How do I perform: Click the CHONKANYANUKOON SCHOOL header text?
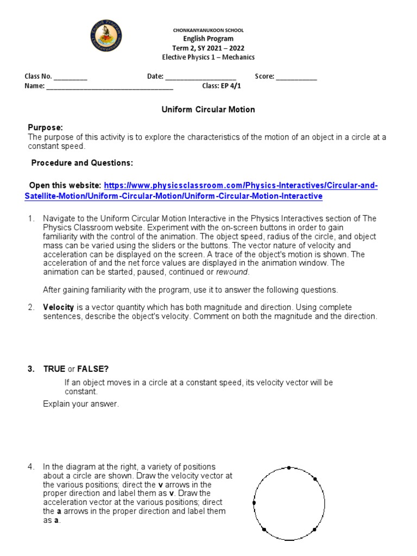point(208,30)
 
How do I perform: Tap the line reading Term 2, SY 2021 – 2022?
point(208,48)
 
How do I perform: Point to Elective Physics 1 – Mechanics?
point(208,57)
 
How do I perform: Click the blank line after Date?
point(200,77)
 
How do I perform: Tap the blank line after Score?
point(296,77)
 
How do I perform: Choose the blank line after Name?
point(110,86)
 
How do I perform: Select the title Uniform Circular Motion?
point(208,110)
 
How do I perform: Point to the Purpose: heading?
point(45,128)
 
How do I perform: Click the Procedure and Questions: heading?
point(81,163)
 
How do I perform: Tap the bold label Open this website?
point(65,186)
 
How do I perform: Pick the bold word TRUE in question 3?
point(54,369)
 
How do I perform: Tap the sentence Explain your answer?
point(80,404)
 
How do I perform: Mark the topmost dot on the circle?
point(289,467)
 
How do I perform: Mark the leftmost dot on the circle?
point(254,503)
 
